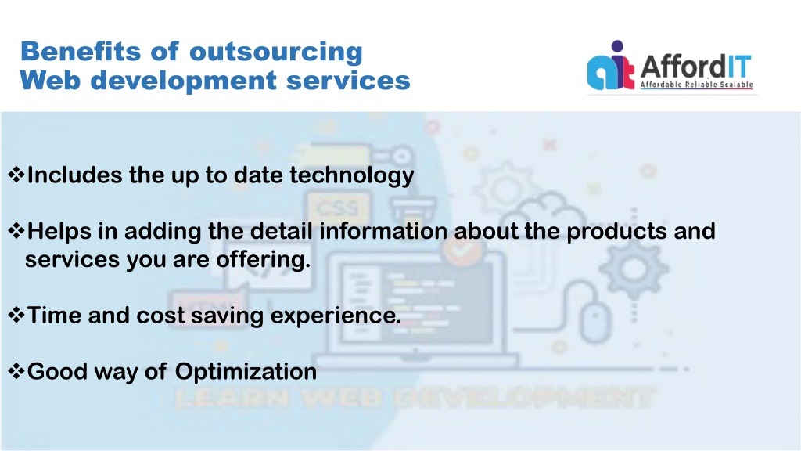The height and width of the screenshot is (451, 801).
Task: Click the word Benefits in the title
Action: point(81,52)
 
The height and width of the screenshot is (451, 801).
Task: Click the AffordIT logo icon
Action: point(611,66)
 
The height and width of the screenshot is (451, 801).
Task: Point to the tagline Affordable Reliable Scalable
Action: point(697,85)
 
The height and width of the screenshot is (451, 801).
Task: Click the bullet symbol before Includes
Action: point(16,175)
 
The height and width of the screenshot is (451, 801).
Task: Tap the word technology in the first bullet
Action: point(352,176)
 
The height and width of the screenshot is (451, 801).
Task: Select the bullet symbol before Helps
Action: point(16,231)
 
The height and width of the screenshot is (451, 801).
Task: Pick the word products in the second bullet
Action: point(616,232)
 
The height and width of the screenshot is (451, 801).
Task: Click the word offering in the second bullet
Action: point(263,260)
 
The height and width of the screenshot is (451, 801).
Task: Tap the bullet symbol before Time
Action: point(16,315)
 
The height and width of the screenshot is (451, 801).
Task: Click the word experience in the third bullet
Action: point(336,316)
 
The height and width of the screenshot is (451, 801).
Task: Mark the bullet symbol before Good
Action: point(16,371)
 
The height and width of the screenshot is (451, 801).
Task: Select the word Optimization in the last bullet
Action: point(246,372)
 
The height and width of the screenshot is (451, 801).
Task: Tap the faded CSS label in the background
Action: point(338,208)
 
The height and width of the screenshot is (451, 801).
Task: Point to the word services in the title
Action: point(348,81)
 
